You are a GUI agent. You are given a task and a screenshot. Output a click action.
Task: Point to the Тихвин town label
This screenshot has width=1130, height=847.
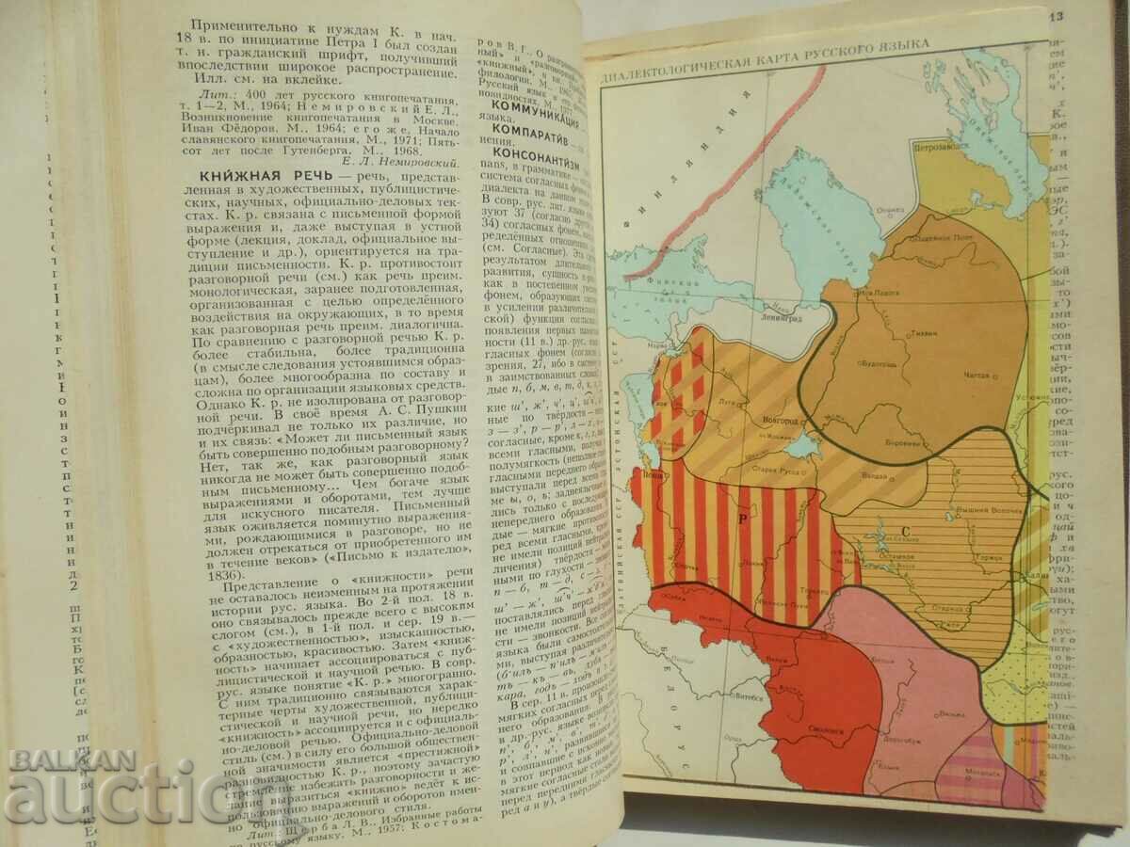(920, 334)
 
